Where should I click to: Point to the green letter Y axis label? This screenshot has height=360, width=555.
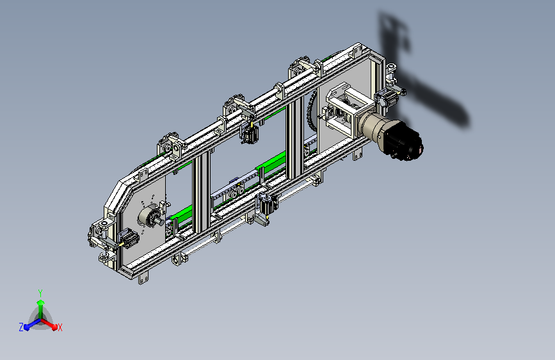click(x=40, y=293)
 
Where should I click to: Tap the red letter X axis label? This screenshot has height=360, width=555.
click(x=60, y=328)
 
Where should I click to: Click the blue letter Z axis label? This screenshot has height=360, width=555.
click(x=21, y=327)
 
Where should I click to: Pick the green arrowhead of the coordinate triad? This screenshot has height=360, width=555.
click(x=41, y=303)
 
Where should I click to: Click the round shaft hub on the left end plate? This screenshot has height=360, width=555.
click(x=150, y=215)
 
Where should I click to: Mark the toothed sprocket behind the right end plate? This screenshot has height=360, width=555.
click(x=312, y=109)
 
